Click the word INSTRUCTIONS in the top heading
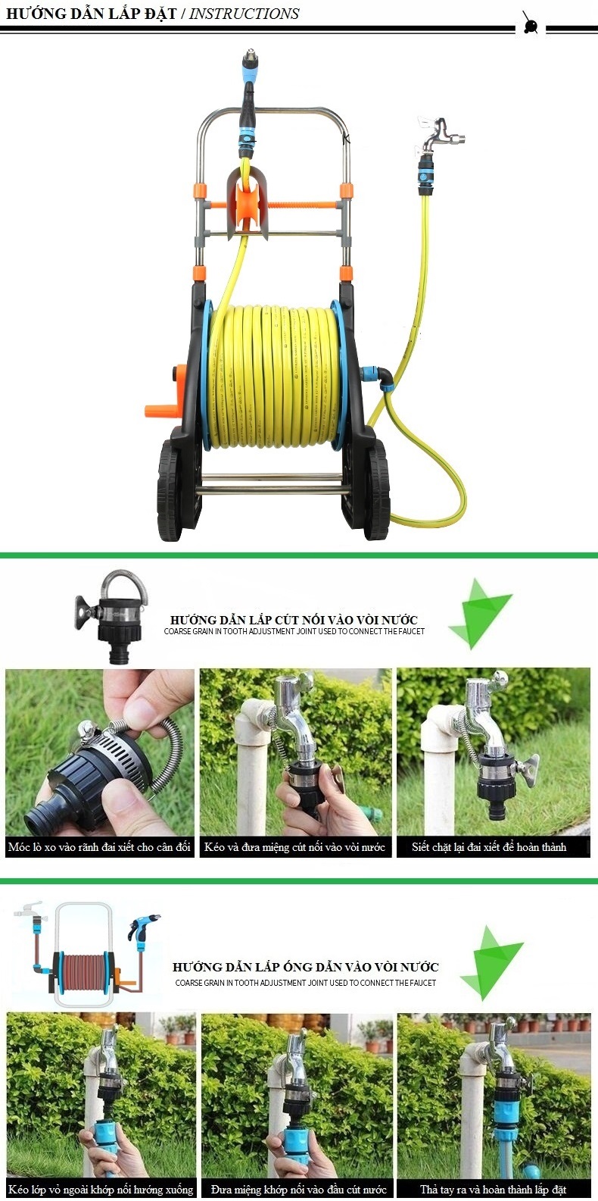pos(244,14)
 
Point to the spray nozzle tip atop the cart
pos(248,56)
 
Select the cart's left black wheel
pos(170,490)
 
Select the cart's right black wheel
pos(376,490)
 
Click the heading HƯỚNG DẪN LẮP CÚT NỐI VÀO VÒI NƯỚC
pos(294,620)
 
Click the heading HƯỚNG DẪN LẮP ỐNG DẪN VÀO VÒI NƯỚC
pos(305,967)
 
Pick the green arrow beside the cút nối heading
pos(480,613)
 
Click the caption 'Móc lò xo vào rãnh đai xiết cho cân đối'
pos(99,847)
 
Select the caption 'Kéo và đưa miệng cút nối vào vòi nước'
pos(294,847)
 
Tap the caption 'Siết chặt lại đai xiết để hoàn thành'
pos(489,847)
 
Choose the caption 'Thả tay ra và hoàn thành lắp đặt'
pos(493,1189)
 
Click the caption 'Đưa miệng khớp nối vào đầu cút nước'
pos(298,1189)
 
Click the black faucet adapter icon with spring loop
pos(111,618)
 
